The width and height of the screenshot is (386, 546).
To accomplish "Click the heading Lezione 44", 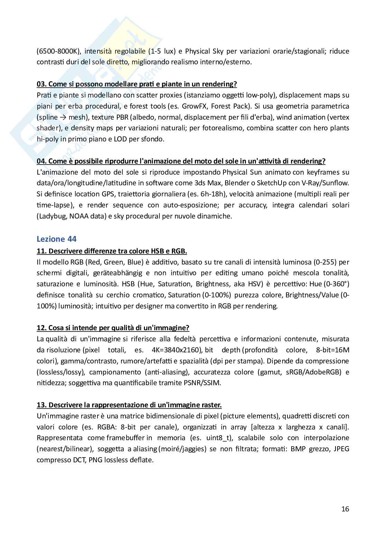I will (56, 239).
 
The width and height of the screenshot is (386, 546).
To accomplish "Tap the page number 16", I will (345, 509).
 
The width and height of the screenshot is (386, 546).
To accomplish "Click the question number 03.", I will (42, 84).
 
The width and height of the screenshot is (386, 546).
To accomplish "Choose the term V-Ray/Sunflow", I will (327, 183).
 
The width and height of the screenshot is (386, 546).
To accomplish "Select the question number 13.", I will (42, 405).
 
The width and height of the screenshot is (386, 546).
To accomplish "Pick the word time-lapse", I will (55, 205).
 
